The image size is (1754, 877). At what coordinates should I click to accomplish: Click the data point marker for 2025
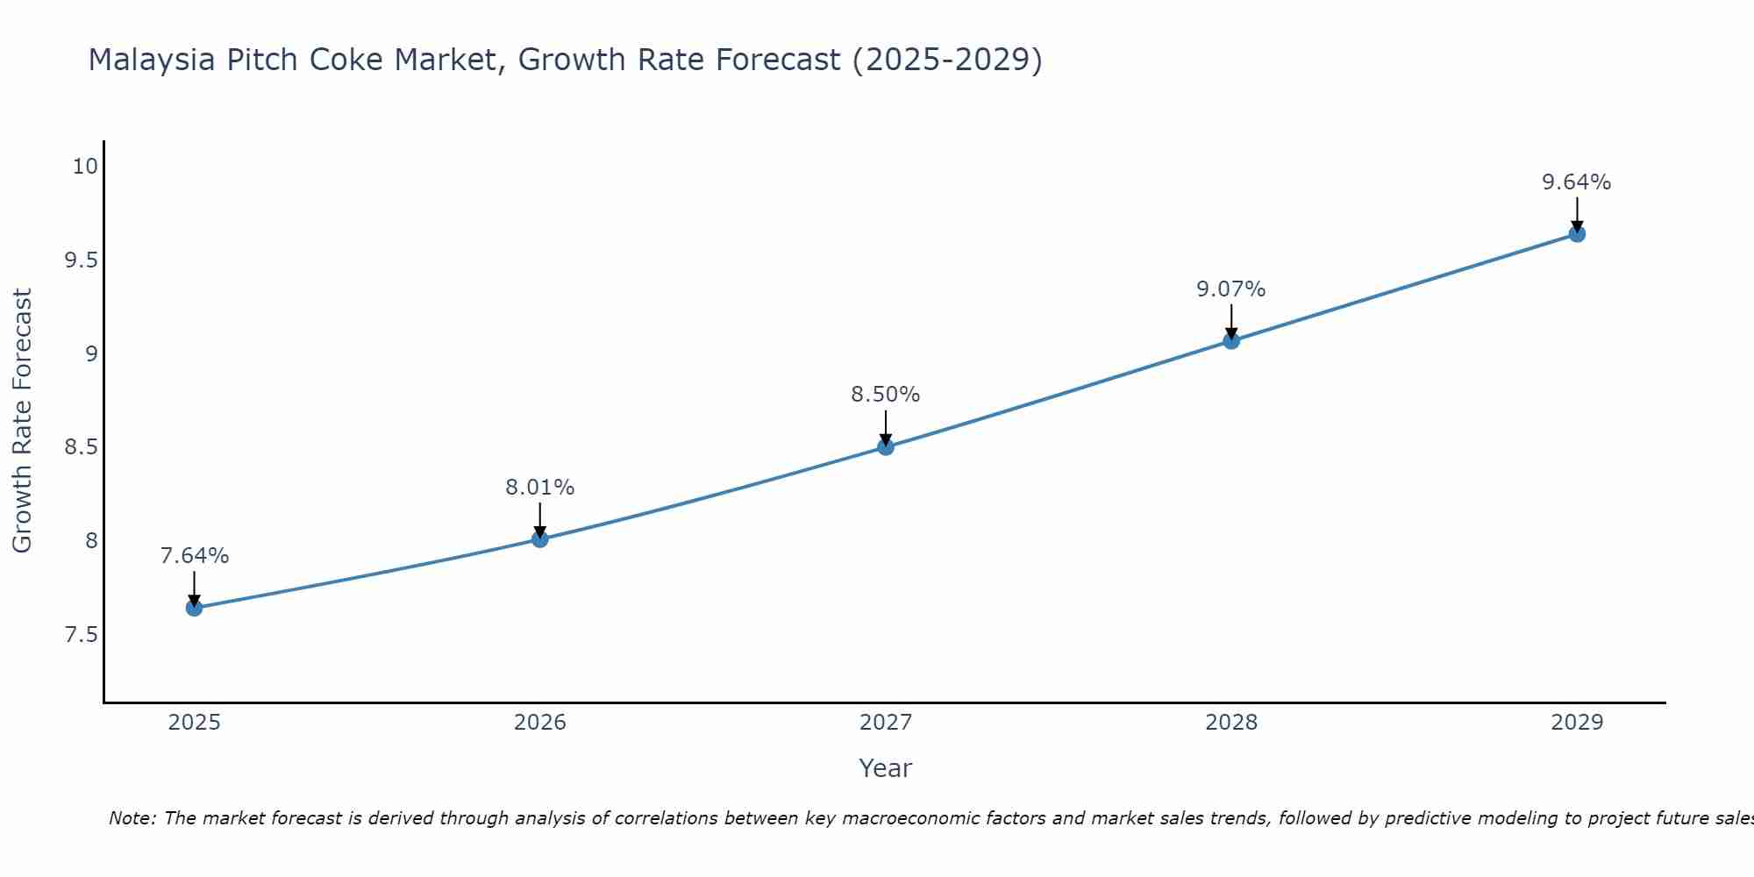pyautogui.click(x=195, y=608)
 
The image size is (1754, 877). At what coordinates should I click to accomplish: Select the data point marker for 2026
pyautogui.click(x=540, y=538)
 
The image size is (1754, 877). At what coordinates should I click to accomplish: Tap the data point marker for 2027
pyautogui.click(x=886, y=447)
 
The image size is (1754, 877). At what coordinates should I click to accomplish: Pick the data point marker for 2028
pyautogui.click(x=1231, y=340)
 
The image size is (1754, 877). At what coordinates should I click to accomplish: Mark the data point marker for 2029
pyautogui.click(x=1577, y=234)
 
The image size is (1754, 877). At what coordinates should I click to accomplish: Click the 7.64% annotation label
pyautogui.click(x=195, y=556)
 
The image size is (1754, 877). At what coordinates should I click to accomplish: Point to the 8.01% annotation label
pyautogui.click(x=540, y=488)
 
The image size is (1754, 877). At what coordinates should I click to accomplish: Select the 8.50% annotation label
pyautogui.click(x=886, y=395)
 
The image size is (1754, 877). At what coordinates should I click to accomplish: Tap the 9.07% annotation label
pyautogui.click(x=1231, y=289)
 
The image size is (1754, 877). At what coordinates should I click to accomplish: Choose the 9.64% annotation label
pyautogui.click(x=1577, y=182)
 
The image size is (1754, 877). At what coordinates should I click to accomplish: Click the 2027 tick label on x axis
pyautogui.click(x=886, y=723)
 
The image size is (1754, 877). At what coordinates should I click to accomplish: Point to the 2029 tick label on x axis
pyautogui.click(x=1577, y=723)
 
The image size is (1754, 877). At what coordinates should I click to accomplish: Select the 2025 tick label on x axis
pyautogui.click(x=195, y=723)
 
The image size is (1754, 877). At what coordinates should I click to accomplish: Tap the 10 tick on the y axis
pyautogui.click(x=85, y=167)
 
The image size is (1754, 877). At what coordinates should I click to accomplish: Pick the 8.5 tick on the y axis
pyautogui.click(x=81, y=447)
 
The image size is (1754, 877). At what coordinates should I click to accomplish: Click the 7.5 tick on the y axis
pyautogui.click(x=81, y=634)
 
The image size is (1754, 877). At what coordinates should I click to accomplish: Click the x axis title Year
pyautogui.click(x=886, y=768)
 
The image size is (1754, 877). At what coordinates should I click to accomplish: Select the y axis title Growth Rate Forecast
pyautogui.click(x=23, y=421)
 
